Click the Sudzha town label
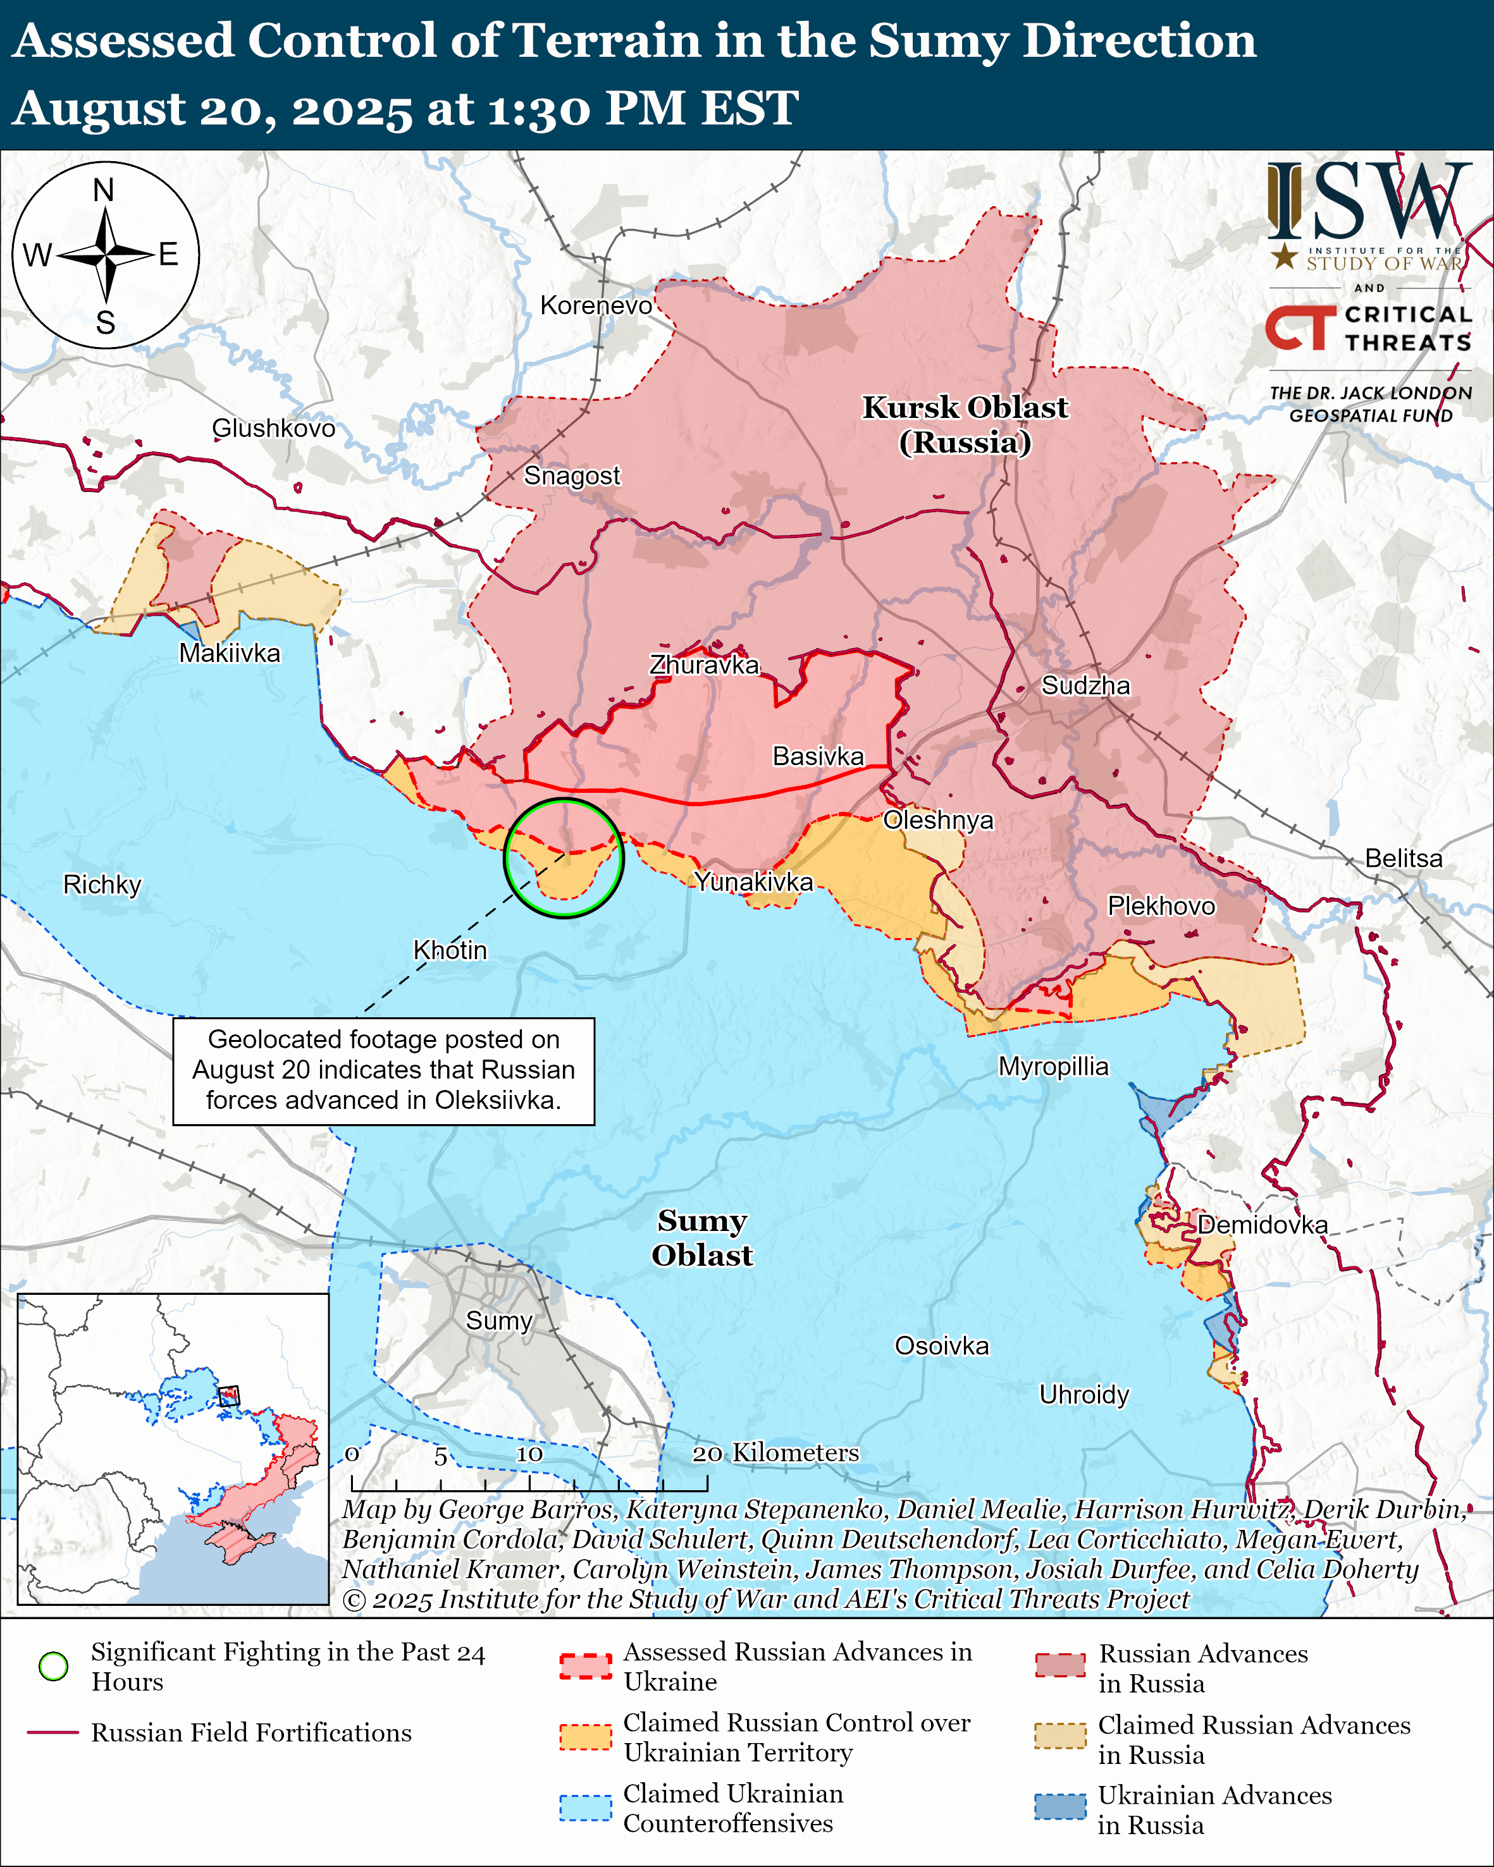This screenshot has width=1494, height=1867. pos(1085,686)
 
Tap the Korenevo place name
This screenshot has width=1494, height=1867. pos(596,305)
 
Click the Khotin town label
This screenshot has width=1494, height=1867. pos(450,950)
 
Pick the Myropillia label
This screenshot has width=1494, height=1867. pos(1053,1066)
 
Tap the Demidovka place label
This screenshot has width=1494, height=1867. pos(1262,1225)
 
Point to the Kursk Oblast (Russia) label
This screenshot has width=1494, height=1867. pos(965,424)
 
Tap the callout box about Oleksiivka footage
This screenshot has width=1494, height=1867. pos(384,1070)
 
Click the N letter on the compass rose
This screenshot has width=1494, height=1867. pos(104,190)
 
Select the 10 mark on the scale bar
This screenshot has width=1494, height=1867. pos(529,1454)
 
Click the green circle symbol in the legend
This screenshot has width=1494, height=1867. pos(54,1666)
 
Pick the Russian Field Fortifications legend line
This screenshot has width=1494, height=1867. pos(53,1733)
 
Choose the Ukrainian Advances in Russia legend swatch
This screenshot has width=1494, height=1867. pos(1059,1807)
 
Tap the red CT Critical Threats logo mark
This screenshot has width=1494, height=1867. pos(1300,328)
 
